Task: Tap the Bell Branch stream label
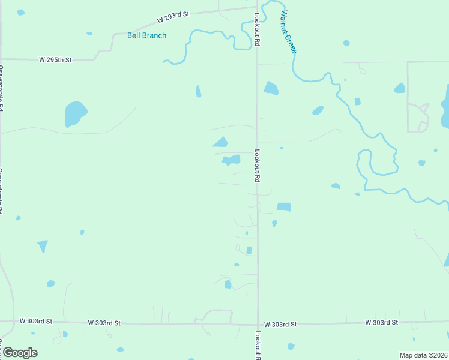click(146, 35)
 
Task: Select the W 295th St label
click(55, 60)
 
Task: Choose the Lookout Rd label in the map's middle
click(257, 166)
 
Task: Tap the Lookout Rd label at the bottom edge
click(258, 346)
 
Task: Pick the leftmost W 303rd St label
click(36, 321)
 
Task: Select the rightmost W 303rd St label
click(382, 322)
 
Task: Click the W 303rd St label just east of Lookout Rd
click(280, 324)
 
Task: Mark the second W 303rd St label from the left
click(104, 323)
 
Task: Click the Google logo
click(20, 353)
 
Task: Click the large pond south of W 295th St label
click(75, 113)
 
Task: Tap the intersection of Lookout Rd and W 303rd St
click(258, 325)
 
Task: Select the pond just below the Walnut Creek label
click(271, 88)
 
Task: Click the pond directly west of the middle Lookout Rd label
click(231, 160)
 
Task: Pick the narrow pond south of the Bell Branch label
click(198, 91)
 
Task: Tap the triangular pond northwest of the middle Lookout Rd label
click(220, 142)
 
